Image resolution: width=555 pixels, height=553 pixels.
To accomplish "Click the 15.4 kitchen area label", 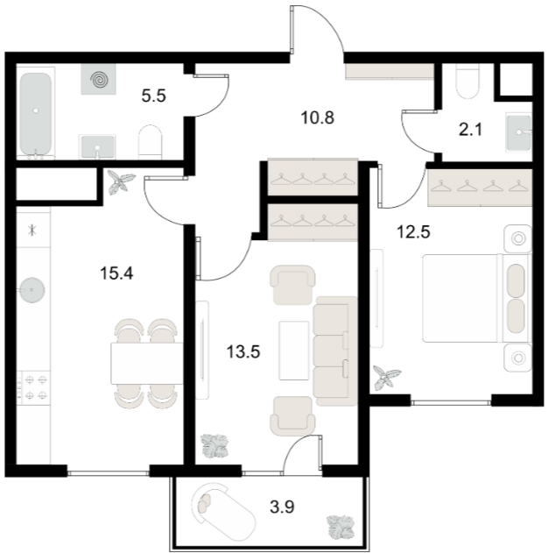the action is click(x=116, y=273).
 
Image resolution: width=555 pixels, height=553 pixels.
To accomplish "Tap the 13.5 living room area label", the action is click(x=243, y=351).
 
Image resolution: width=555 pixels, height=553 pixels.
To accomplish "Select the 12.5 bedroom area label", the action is click(x=413, y=232).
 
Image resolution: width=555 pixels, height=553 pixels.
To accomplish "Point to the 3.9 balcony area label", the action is click(x=282, y=507).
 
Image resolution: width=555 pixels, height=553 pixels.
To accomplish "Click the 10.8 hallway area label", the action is click(x=318, y=117).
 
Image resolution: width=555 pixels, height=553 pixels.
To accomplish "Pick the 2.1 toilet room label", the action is click(x=470, y=130).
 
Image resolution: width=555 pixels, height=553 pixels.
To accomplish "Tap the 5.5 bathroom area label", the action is click(x=153, y=96).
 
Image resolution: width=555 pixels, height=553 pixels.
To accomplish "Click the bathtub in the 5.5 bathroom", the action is click(x=36, y=113).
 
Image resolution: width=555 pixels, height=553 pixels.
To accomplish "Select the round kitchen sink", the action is click(x=32, y=290).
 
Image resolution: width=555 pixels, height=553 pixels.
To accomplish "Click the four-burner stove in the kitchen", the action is click(x=35, y=387).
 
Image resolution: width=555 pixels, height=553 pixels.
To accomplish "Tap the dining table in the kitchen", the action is click(x=147, y=364).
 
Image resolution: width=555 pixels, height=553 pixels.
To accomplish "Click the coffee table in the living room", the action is click(x=294, y=351).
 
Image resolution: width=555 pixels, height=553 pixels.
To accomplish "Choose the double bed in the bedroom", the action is click(x=475, y=298).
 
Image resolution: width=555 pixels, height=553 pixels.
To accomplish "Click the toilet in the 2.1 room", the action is click(x=467, y=82).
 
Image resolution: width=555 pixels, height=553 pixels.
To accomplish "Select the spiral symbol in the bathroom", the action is click(x=99, y=80).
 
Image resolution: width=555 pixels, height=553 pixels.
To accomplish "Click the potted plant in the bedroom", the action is click(x=387, y=378).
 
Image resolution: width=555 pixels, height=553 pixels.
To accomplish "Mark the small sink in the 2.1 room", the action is click(x=519, y=132).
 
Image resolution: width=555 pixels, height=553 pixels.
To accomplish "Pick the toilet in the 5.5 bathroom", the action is click(x=150, y=142).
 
